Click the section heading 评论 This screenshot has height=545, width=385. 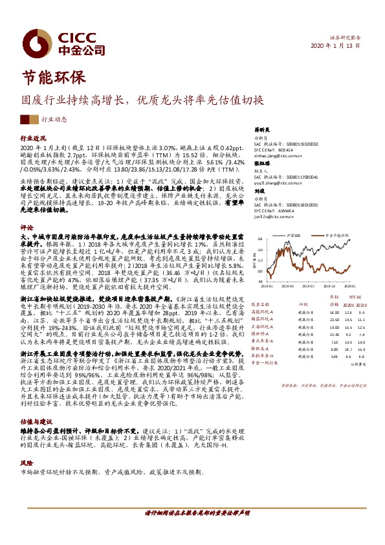pos(27,228)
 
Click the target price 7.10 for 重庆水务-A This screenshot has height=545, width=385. pos(335,341)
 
